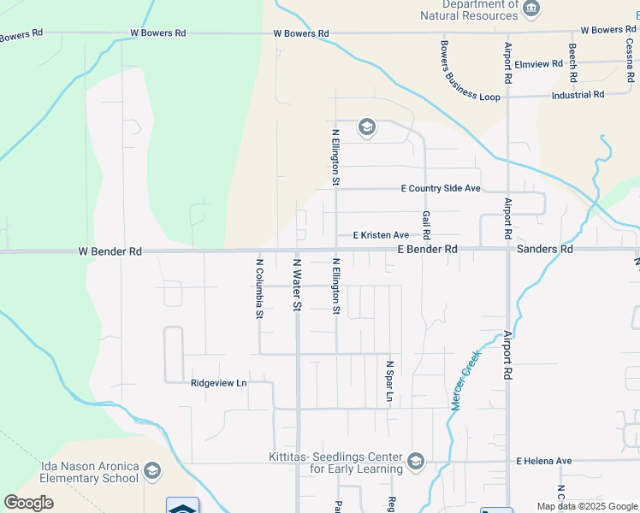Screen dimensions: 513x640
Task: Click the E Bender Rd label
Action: coord(428,250)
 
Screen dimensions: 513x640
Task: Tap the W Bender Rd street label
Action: coord(110,252)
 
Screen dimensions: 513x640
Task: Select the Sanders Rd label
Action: coord(545,250)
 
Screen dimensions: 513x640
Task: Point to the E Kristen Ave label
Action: coord(381,235)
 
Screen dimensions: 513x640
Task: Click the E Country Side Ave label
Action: coord(441,189)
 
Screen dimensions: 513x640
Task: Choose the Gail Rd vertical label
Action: coord(425,225)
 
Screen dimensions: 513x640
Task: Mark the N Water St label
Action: coord(297,286)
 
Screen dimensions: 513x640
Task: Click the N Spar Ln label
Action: coord(388,380)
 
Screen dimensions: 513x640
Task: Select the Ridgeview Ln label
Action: coord(218,383)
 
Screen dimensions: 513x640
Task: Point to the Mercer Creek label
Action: coord(466,380)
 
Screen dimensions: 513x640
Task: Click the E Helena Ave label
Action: coord(543,461)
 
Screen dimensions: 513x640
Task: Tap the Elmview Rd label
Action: coord(539,64)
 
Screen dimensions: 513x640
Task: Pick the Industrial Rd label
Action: coord(578,95)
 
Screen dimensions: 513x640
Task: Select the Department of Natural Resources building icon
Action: coord(532,9)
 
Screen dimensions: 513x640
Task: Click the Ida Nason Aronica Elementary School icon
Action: coord(152,471)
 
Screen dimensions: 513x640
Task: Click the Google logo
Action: coord(28,503)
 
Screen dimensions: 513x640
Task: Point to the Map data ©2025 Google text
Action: coord(586,506)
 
